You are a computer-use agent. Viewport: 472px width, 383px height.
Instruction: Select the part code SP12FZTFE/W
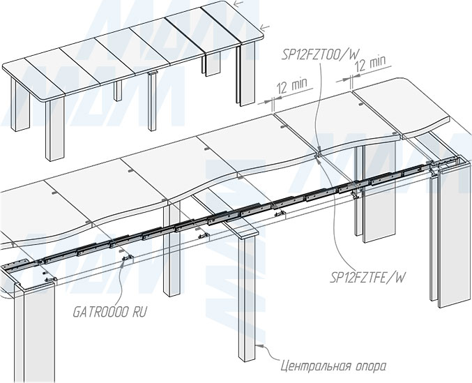click(x=367, y=277)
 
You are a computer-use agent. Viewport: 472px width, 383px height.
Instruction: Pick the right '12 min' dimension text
click(x=370, y=63)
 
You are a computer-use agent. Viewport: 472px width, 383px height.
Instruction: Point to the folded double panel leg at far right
click(x=447, y=237)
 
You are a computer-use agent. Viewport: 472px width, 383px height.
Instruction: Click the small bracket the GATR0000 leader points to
click(x=126, y=260)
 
